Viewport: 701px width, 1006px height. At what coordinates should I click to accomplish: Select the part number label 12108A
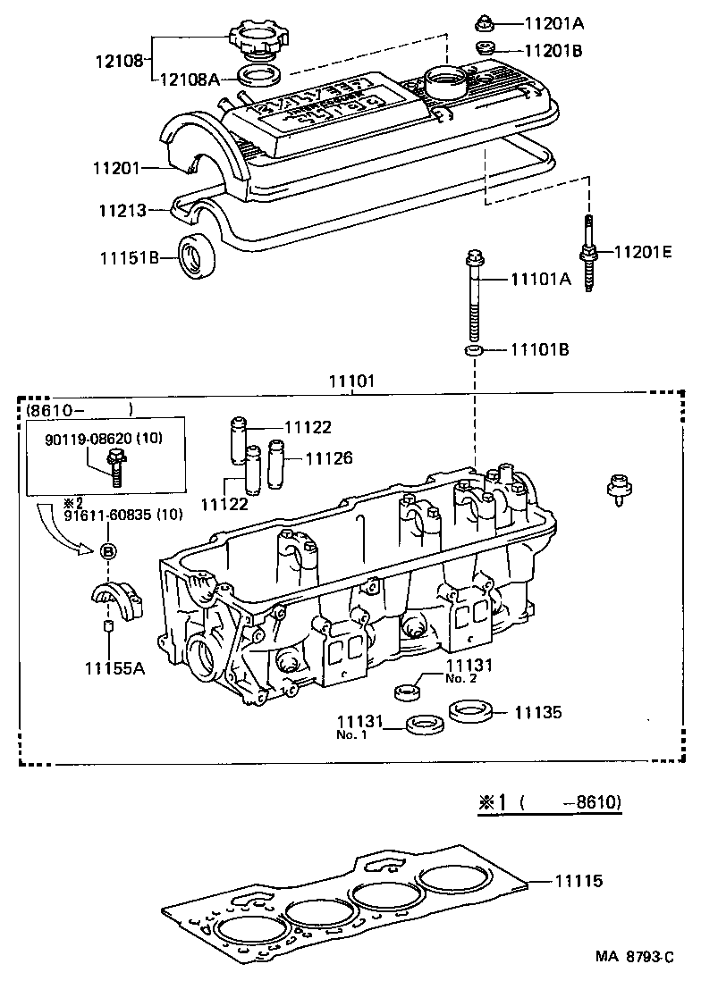pos(190,79)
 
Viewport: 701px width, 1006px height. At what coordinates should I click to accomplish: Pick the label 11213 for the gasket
pos(122,212)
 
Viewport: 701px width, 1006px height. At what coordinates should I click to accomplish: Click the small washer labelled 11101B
pos(475,348)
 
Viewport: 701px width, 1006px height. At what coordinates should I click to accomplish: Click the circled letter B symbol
pos(108,551)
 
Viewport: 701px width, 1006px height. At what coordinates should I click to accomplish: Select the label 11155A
pos(114,666)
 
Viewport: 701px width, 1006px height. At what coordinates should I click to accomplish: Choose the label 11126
pos(329,458)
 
